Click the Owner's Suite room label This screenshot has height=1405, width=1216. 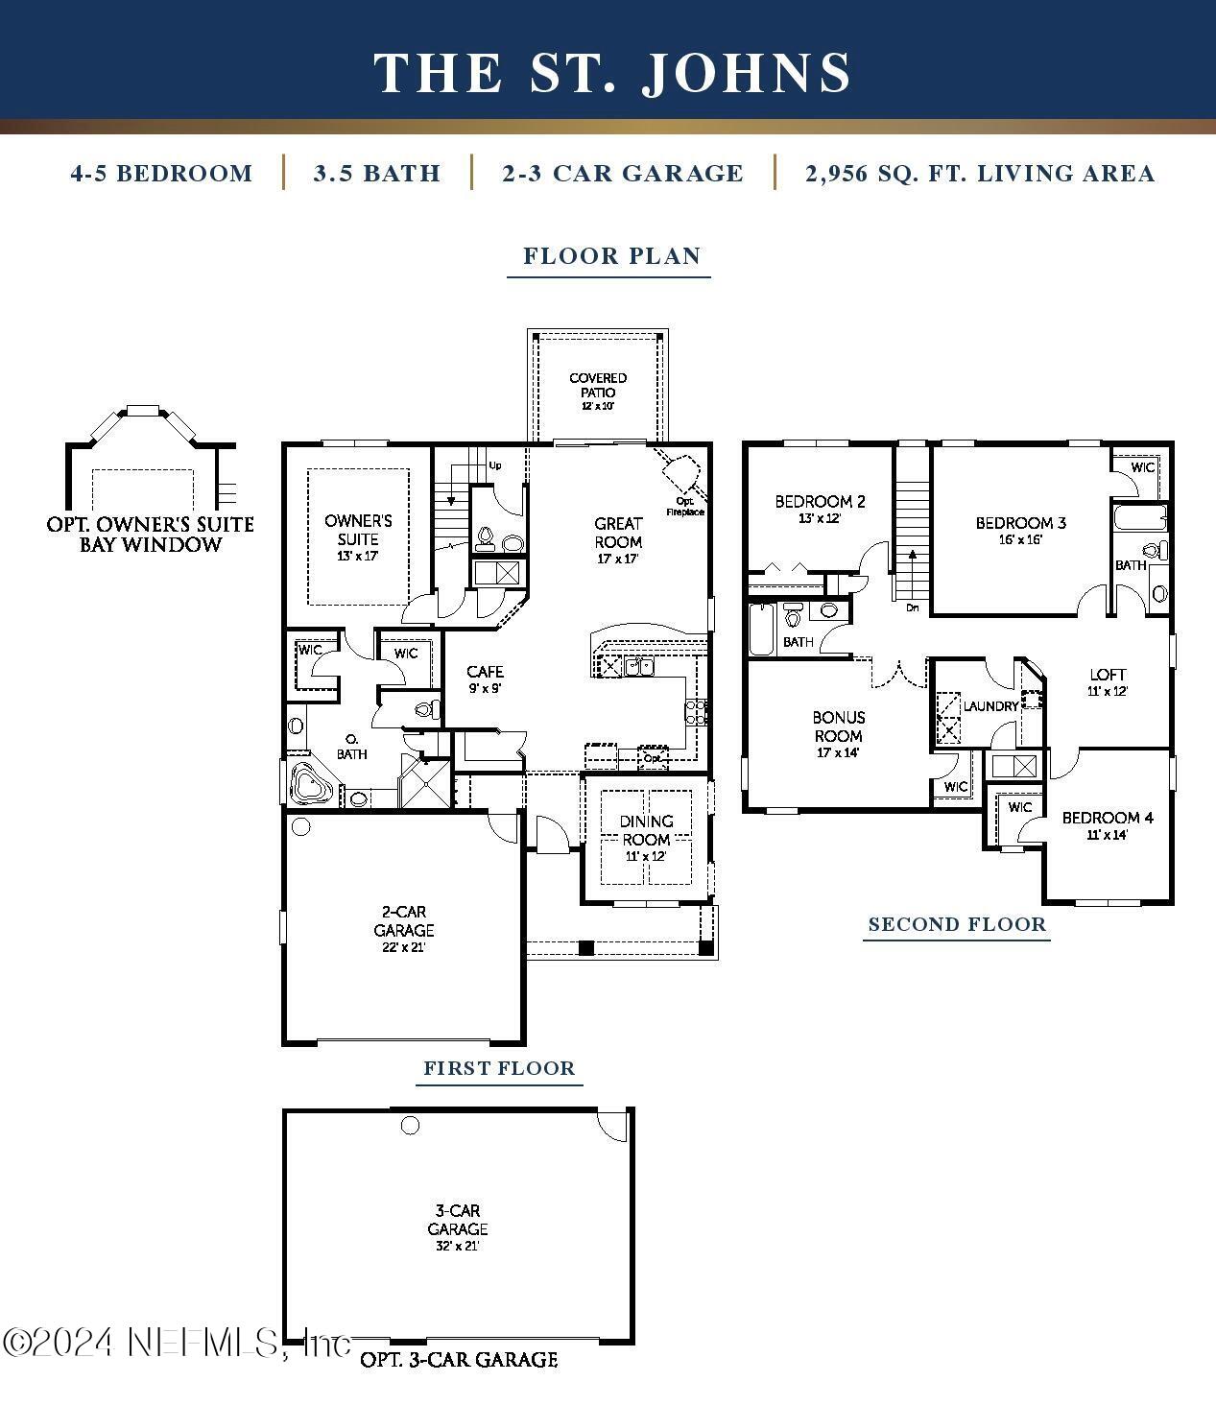[358, 530]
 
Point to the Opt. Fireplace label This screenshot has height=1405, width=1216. [685, 507]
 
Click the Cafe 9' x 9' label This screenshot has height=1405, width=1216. [485, 679]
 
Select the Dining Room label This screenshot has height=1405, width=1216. [646, 829]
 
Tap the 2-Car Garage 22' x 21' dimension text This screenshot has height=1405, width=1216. [403, 947]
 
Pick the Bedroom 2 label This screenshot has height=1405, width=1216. [820, 501]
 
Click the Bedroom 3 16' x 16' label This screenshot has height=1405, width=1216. [1020, 530]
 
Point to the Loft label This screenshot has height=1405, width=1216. [1108, 675]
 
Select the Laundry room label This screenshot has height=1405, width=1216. [990, 706]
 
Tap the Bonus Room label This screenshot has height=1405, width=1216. [838, 726]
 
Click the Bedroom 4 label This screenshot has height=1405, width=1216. [1107, 818]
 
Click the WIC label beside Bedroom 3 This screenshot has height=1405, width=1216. [1142, 467]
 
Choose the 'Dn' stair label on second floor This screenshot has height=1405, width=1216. [912, 607]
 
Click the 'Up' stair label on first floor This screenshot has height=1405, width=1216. [495, 465]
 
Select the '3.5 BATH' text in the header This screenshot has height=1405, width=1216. [376, 174]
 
